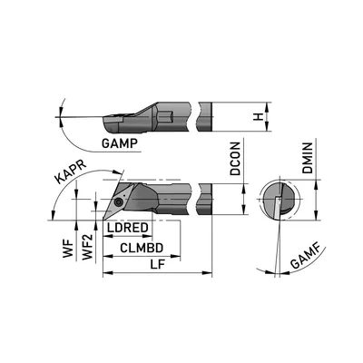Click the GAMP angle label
[x=120, y=143]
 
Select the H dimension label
[x=258, y=116]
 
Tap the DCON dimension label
[x=235, y=159]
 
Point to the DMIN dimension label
[x=308, y=158]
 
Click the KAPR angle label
[x=71, y=172]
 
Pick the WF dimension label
[x=68, y=249]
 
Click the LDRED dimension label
[x=128, y=228]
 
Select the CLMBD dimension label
[x=142, y=248]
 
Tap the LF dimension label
[x=158, y=264]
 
